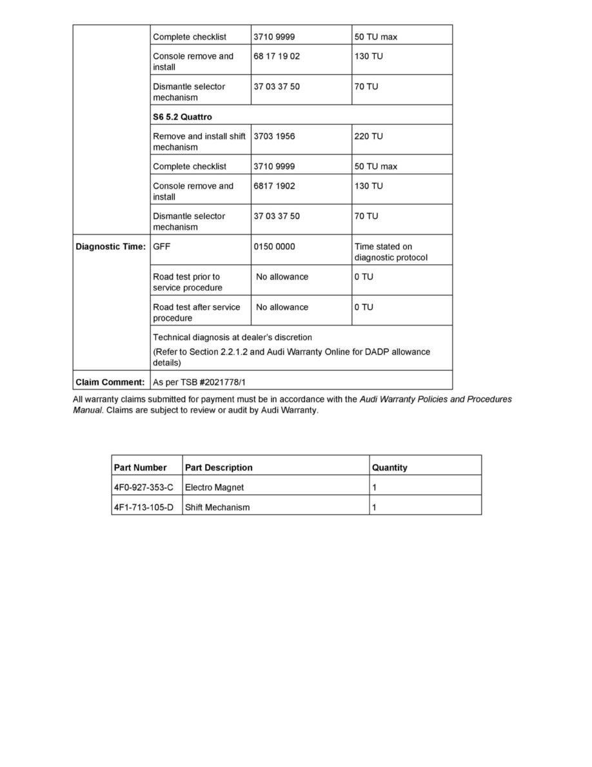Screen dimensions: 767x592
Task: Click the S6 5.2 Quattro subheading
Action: tap(183, 117)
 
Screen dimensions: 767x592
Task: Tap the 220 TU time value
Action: tap(368, 136)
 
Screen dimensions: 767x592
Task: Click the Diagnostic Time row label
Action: tap(111, 247)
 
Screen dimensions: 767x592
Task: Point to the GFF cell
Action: tap(162, 247)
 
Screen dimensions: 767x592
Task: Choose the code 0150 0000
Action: tap(274, 247)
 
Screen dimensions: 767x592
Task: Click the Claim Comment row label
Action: tap(110, 382)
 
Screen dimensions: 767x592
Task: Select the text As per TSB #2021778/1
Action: tap(199, 382)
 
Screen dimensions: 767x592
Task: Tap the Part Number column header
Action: tap(140, 467)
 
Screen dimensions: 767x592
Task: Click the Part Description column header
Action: tap(219, 467)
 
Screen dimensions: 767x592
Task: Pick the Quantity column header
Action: tap(390, 467)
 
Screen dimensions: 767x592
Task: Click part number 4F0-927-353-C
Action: tap(144, 487)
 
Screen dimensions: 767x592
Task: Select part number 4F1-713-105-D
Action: tap(144, 507)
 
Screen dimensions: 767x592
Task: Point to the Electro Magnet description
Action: tap(214, 487)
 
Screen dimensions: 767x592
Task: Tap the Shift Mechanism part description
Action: tap(217, 507)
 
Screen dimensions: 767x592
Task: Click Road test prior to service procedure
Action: tap(187, 282)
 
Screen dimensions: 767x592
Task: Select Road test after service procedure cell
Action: tap(196, 312)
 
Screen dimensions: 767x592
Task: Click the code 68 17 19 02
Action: tap(277, 56)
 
